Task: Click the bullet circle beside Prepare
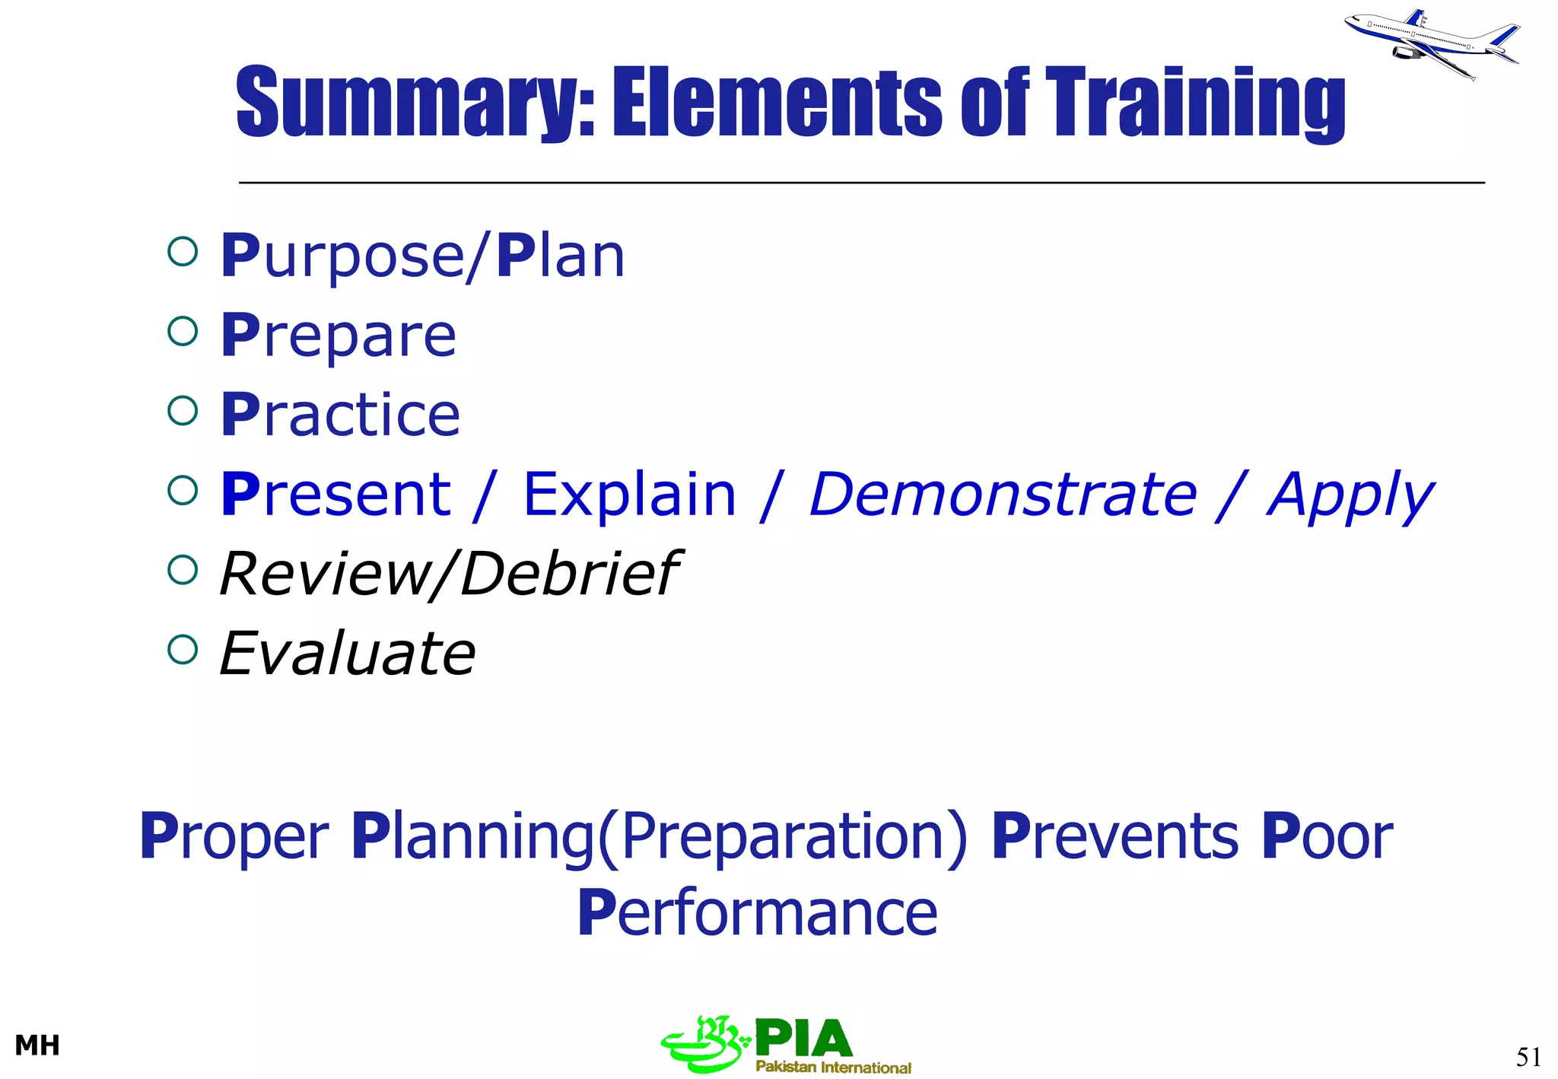point(183,331)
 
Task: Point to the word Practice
point(340,415)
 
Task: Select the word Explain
point(630,495)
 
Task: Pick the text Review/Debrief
point(449,574)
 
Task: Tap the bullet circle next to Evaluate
point(183,650)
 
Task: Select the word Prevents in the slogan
point(1115,836)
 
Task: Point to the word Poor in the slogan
point(1327,836)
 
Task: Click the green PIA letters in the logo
point(803,1038)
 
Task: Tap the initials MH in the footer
point(37,1046)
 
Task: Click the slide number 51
point(1528,1057)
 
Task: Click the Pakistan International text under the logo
point(833,1067)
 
